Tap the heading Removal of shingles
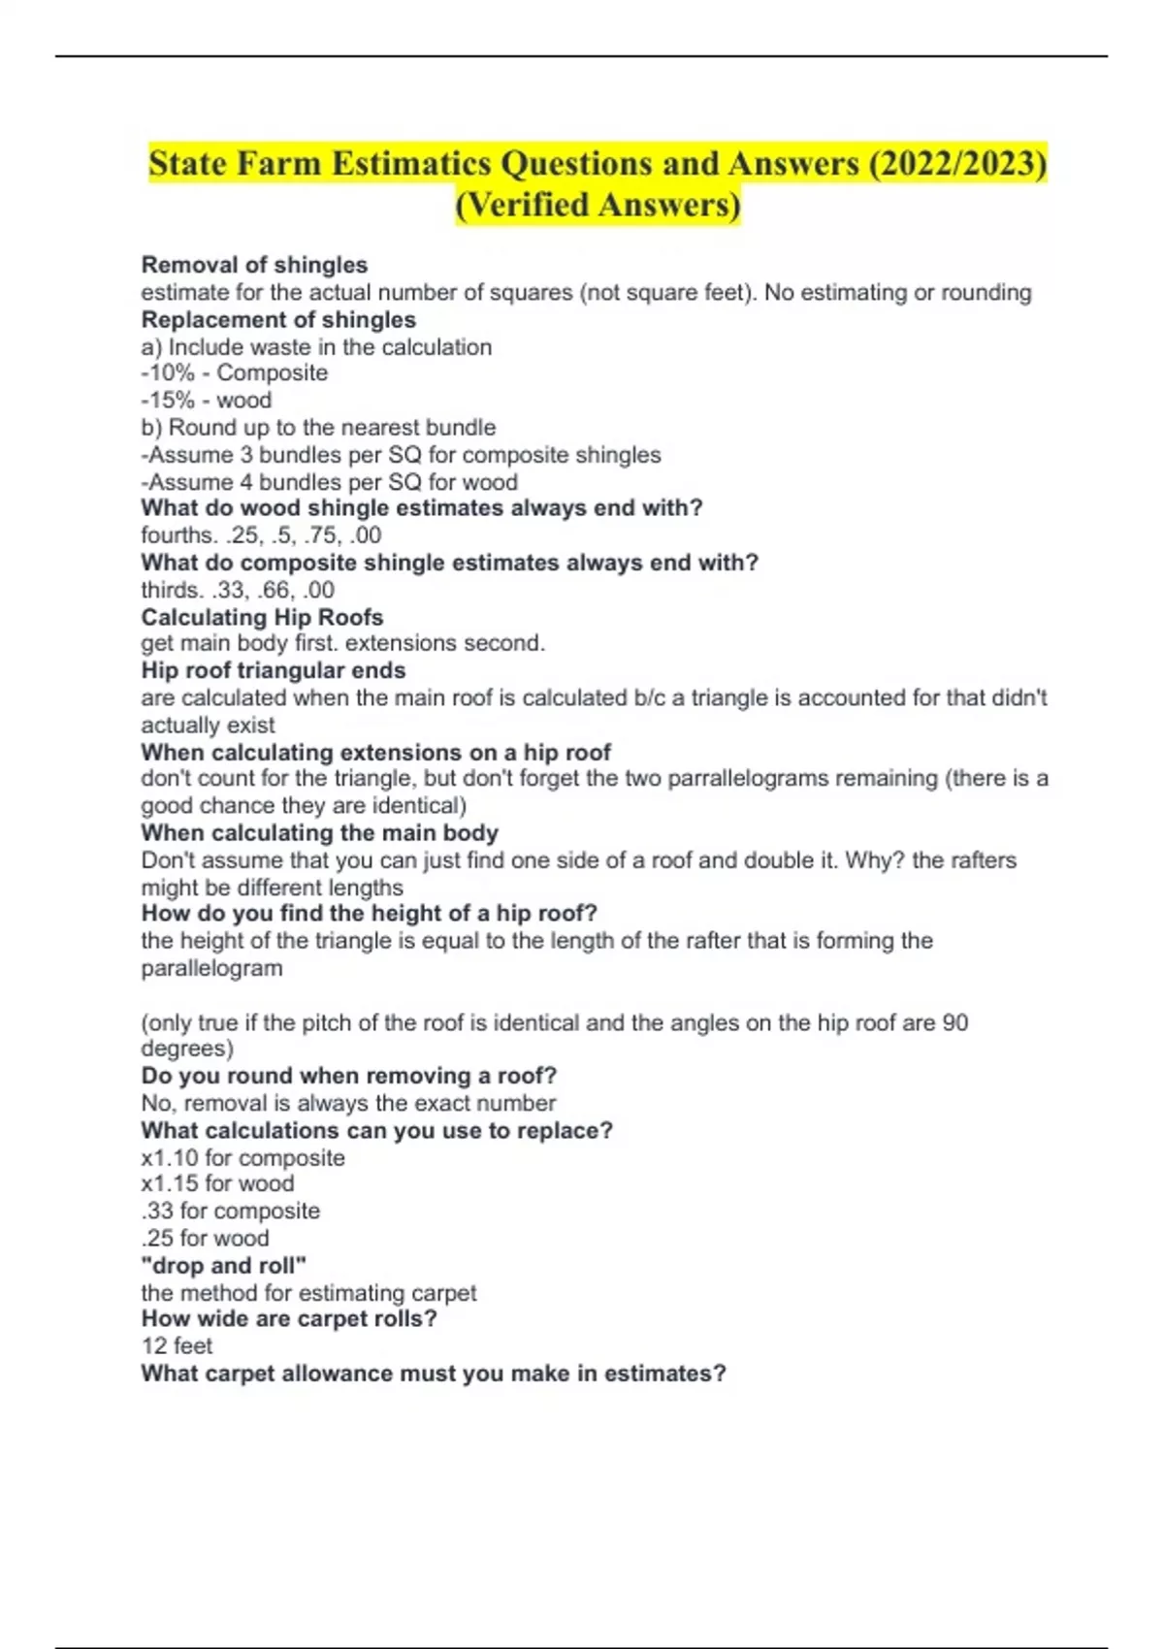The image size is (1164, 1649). tap(254, 265)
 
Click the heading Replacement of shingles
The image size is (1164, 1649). tap(278, 319)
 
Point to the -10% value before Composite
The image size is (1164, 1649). tap(168, 372)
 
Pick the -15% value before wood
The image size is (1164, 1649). tap(168, 400)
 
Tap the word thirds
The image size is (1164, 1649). tap(170, 590)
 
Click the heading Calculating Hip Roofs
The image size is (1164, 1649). tap(262, 617)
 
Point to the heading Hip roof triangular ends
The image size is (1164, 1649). tap(274, 670)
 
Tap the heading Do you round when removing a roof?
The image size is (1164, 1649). tap(349, 1076)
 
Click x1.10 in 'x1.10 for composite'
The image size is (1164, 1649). tap(170, 1157)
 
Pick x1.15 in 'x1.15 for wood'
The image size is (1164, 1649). tap(170, 1183)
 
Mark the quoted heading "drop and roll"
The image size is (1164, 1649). tap(224, 1265)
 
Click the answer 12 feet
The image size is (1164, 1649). tap(177, 1345)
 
